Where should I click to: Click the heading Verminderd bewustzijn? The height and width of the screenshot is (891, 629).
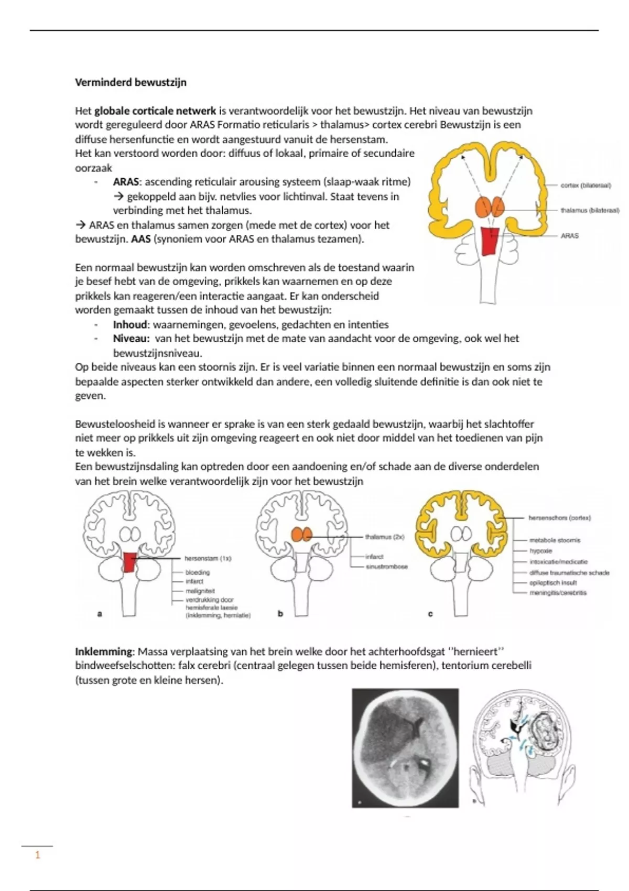coord(131,82)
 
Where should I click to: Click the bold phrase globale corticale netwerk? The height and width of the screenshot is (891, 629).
coord(155,111)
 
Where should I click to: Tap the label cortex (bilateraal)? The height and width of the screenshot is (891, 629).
coord(585,185)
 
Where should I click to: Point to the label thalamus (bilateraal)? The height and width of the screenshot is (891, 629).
coord(590,210)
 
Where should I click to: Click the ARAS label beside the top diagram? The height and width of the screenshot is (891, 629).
coord(570,236)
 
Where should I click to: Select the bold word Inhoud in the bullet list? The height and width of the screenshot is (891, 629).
coord(130,324)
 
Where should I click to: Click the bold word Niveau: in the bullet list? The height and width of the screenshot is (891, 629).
coord(131,339)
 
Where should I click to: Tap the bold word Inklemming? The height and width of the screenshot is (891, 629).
coord(104,651)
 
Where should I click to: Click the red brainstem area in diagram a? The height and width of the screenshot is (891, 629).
coord(129,562)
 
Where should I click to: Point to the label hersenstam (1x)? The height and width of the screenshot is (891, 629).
coord(208,558)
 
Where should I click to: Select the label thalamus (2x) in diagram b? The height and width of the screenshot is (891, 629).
coord(384,537)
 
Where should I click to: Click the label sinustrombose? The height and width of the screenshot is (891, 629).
coord(387,567)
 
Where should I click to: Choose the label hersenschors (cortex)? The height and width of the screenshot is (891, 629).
coord(559,518)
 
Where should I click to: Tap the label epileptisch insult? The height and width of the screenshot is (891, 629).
coord(553,582)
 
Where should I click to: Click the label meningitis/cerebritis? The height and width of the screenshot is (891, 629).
coord(558,593)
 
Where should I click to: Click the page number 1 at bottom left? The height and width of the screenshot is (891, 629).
coord(37,855)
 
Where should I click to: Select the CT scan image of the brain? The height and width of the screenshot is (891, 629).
coord(405,748)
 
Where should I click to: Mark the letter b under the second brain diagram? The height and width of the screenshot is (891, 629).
coord(280,613)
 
